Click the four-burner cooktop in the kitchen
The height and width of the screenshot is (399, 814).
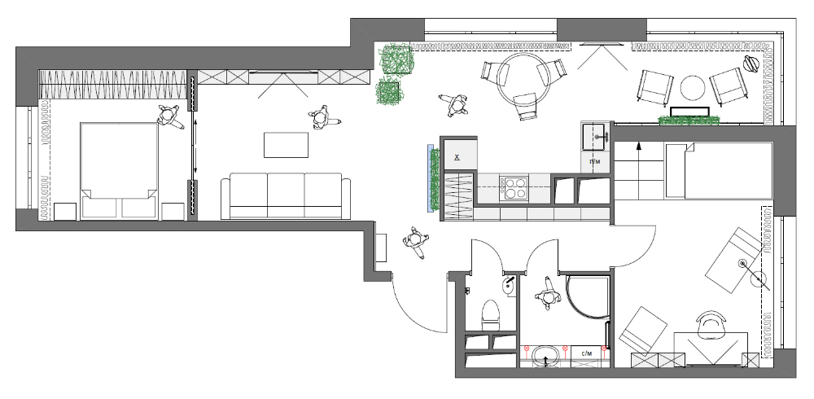tap(516, 189)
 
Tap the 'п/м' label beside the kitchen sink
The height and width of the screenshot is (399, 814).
tap(595, 161)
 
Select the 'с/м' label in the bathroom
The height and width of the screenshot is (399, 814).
tap(586, 353)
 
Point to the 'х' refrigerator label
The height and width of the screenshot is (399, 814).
tap(457, 156)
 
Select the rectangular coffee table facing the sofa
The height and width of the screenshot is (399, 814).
tap(286, 145)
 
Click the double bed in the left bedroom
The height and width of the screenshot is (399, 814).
tap(118, 169)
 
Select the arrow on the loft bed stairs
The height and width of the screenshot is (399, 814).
tap(638, 149)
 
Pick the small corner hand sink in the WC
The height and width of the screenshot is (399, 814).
tap(509, 284)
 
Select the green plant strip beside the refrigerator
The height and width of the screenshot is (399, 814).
tap(435, 178)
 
